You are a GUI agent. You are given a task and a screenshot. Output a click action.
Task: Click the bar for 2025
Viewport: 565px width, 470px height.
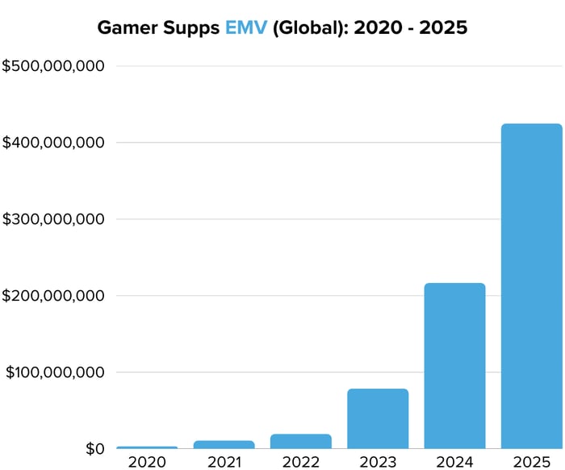tap(531, 286)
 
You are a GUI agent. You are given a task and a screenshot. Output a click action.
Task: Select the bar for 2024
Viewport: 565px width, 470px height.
tap(454, 366)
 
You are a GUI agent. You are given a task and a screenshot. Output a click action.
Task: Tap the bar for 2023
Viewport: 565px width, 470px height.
tap(378, 418)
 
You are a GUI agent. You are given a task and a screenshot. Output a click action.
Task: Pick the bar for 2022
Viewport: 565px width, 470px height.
tap(301, 441)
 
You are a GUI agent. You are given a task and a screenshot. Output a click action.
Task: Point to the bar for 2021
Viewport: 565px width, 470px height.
tap(224, 444)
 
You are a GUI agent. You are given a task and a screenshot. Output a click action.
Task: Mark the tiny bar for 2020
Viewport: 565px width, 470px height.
tap(147, 447)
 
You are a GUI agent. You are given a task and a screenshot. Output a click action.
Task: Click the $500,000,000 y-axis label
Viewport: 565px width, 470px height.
tap(53, 66)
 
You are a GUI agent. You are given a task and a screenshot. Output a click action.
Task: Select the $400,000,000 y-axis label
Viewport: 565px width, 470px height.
tap(53, 143)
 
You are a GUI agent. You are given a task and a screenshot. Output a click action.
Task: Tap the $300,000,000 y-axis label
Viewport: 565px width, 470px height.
tap(53, 219)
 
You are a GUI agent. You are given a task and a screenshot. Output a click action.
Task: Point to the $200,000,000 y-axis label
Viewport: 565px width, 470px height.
tap(53, 296)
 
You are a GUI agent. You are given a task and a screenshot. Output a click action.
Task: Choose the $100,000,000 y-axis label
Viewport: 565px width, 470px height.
tap(55, 372)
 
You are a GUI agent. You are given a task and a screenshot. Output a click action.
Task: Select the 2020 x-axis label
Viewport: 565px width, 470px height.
tap(147, 462)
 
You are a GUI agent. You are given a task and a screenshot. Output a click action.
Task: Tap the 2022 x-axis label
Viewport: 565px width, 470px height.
tap(301, 462)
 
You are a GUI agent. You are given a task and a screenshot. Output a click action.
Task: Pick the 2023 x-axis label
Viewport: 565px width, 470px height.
tap(378, 462)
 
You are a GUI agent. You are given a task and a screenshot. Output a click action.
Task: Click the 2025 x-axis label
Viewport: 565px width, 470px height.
tap(531, 462)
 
